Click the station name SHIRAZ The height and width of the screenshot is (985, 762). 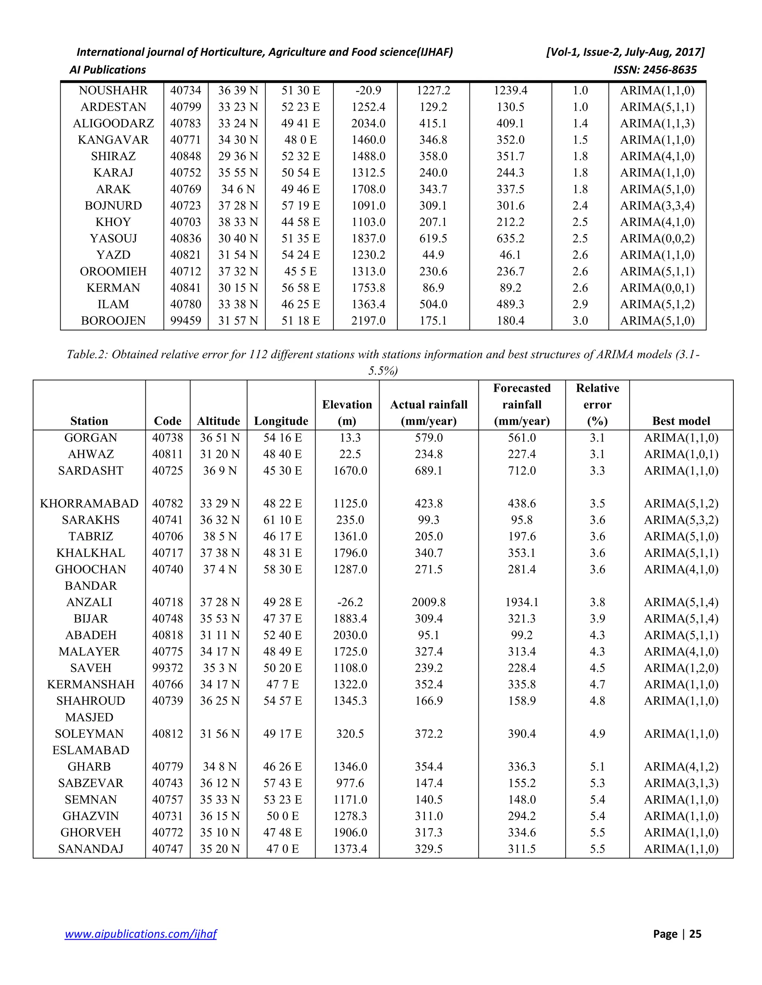(x=113, y=156)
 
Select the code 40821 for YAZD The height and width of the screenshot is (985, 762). (x=186, y=255)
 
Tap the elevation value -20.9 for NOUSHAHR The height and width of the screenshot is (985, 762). (x=368, y=90)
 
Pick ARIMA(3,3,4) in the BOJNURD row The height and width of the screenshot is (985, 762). (x=657, y=206)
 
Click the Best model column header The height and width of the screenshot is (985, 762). (x=681, y=421)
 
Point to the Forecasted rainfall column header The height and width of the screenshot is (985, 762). (x=522, y=404)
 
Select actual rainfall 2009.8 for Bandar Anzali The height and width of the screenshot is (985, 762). (x=428, y=602)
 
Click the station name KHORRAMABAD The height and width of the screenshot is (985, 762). (x=89, y=503)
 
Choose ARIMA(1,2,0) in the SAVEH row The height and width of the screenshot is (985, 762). (x=681, y=668)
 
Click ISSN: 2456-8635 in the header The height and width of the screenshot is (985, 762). (x=655, y=70)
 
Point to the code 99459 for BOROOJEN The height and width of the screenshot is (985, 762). (x=186, y=321)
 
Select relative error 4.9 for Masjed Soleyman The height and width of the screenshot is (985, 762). (x=597, y=734)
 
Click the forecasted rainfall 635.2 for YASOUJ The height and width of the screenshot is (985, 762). (x=510, y=239)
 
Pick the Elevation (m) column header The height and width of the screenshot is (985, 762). (x=347, y=413)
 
